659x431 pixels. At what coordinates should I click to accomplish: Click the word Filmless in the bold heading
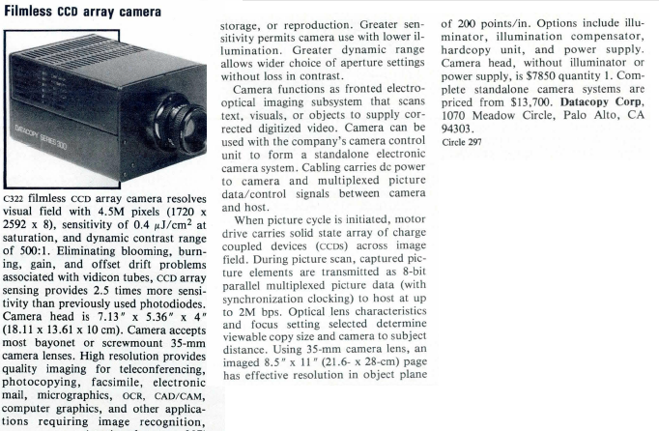point(32,11)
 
